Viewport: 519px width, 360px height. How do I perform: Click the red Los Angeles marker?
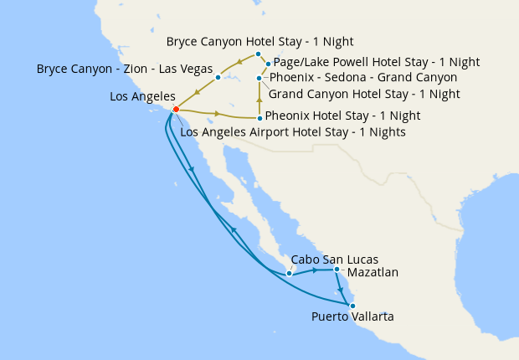[x=176, y=109]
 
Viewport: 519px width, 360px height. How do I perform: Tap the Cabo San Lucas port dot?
[x=289, y=273]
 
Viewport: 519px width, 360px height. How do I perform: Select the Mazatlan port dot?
[x=337, y=270]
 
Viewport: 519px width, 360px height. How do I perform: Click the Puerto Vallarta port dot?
[x=352, y=305]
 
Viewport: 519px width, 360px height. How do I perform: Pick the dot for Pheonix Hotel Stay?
[x=259, y=118]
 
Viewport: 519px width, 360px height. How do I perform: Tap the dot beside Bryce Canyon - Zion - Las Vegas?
[x=218, y=78]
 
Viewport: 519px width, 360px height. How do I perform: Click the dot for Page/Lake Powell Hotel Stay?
[x=268, y=64]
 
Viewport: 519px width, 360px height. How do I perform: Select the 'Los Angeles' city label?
[x=142, y=97]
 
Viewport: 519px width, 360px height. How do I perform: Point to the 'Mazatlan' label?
[x=373, y=272]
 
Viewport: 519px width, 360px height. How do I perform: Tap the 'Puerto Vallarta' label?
[x=352, y=316]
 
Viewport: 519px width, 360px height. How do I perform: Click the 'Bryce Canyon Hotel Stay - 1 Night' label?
[x=259, y=41]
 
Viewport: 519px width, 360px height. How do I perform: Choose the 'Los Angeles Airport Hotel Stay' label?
[x=293, y=132]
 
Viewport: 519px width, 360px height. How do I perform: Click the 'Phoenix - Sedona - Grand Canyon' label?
[x=362, y=77]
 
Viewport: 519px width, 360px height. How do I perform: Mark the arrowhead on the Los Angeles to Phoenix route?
[x=218, y=113]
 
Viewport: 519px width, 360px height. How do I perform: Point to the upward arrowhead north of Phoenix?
[x=259, y=100]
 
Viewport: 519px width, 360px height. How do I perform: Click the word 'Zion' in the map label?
[x=141, y=68]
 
